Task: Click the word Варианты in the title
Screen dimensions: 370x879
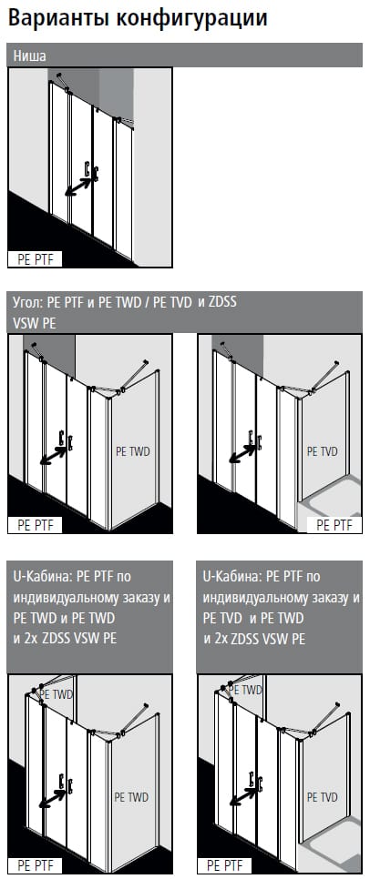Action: (57, 18)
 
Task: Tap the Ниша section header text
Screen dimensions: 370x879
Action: (30, 56)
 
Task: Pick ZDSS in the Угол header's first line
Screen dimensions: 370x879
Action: (221, 301)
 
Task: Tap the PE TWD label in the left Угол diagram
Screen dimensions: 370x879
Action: (133, 452)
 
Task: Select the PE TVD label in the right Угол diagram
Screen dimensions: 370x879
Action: (323, 451)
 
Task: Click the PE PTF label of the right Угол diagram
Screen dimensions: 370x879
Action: (334, 525)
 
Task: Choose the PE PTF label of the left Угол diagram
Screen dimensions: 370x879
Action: (36, 525)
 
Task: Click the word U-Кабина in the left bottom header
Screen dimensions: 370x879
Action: (39, 576)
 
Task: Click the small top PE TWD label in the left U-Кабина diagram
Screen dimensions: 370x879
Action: (59, 694)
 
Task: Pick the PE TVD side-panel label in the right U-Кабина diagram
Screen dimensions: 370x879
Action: (323, 797)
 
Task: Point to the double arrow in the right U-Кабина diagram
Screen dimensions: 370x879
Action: (244, 795)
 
